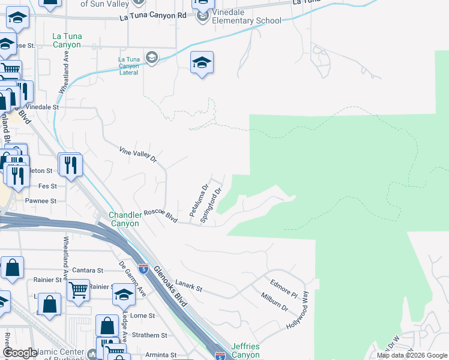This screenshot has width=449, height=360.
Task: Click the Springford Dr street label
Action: [211, 206]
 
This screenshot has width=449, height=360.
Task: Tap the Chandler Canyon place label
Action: [124, 220]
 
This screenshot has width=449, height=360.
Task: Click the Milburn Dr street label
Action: [274, 300]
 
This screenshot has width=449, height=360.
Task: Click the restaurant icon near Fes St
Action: [71, 164]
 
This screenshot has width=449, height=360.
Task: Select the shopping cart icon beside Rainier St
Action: [79, 290]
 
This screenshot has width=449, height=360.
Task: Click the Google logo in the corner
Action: [20, 353]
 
